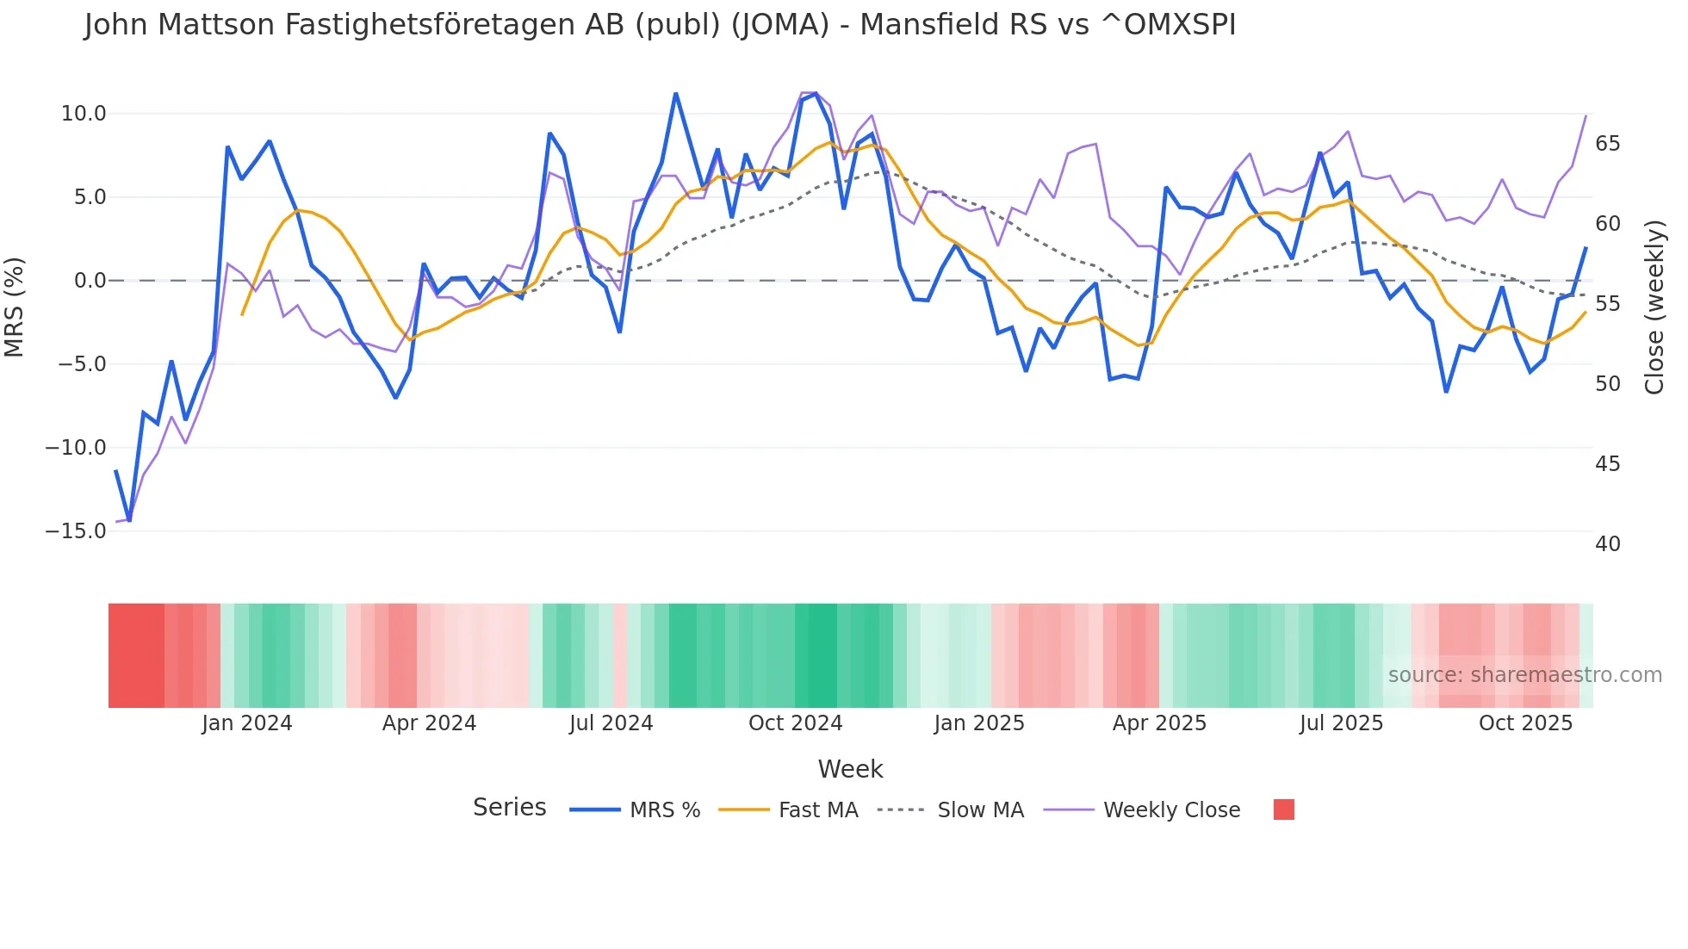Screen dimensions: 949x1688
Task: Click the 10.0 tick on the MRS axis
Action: coord(84,114)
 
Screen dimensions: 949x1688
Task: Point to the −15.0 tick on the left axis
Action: coord(76,531)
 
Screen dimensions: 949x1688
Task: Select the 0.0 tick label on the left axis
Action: coord(90,281)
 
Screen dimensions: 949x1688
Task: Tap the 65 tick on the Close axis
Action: coord(1607,144)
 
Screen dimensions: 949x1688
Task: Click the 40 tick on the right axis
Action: coord(1607,544)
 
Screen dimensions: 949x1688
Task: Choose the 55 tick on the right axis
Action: coord(1607,304)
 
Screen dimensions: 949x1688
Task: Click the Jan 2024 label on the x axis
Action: coord(247,723)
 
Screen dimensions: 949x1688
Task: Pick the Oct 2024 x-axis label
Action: coord(795,723)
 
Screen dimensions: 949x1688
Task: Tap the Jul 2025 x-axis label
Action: coord(1341,723)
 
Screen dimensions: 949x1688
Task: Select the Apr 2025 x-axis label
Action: coord(1159,723)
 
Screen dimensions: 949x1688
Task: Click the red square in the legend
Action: coord(1283,809)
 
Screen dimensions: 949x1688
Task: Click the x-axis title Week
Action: coord(850,769)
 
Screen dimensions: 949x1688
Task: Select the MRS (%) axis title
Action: coord(15,307)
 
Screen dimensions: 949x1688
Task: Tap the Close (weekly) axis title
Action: coord(1654,307)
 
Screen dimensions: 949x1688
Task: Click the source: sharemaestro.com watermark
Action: coord(1524,675)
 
